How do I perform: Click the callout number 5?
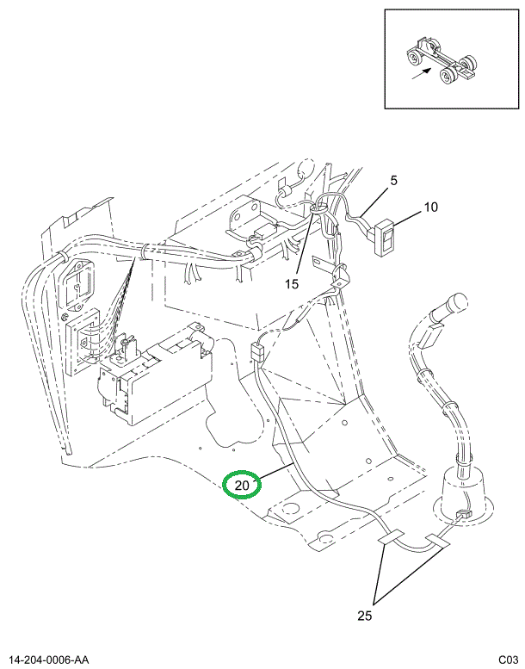tap(393, 181)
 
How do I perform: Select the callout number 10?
tap(430, 207)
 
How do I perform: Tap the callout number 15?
tap(292, 284)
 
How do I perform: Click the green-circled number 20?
tap(242, 485)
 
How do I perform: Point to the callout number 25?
tap(365, 616)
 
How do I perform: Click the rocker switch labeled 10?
tap(385, 237)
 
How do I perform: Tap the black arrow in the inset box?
tap(421, 74)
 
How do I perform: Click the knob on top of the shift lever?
tap(455, 302)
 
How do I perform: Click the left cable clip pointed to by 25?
tap(391, 537)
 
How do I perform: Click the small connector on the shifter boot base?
tap(464, 515)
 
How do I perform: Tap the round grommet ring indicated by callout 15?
tap(318, 208)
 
